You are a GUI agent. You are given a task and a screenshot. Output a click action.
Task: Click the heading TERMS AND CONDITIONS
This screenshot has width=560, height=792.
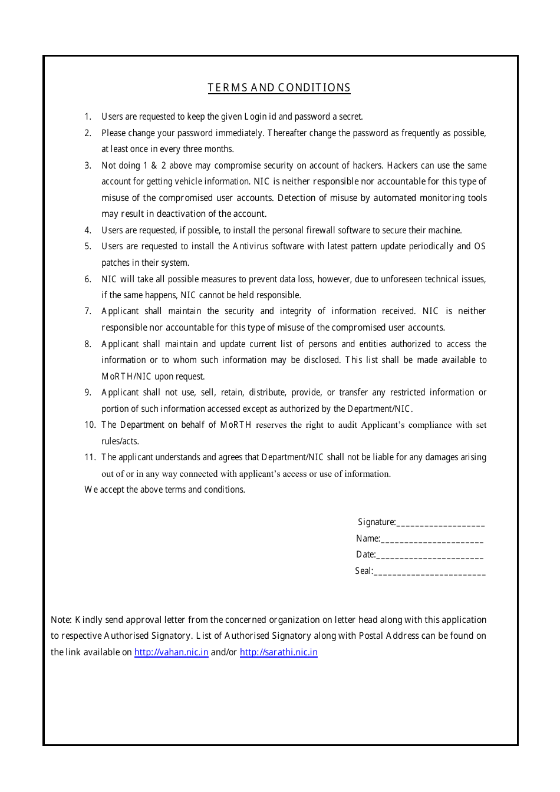pos(279,88)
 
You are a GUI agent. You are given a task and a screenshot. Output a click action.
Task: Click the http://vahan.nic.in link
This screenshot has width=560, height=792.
pos(171,652)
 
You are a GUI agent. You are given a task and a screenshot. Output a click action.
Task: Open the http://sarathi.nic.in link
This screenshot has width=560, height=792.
pos(278,652)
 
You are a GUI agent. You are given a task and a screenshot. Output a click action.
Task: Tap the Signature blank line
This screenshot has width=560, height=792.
pos(440,523)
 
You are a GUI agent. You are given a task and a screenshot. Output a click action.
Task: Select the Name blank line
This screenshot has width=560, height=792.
pos(432,540)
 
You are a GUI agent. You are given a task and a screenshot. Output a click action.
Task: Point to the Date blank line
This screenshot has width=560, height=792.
pos(430,556)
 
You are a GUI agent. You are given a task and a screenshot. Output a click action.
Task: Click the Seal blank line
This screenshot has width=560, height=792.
pos(430,572)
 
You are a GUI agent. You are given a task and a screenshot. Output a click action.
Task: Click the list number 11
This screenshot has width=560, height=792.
pos(90,457)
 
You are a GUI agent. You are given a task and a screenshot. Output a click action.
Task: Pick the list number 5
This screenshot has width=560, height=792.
pos(88,246)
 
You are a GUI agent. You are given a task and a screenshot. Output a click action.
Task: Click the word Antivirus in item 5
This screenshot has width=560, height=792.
pos(253,246)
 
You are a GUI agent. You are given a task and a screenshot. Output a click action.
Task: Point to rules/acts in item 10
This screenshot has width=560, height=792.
pos(120,441)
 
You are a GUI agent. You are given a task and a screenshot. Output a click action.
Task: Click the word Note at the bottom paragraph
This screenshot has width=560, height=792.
pos(60,620)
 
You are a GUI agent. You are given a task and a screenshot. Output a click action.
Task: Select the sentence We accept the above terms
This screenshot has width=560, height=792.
pos(164,490)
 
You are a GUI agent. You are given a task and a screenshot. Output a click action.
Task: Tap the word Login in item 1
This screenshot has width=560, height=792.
pos(256,117)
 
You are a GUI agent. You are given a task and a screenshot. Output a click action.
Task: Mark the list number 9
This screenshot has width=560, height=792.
pos(88,392)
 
